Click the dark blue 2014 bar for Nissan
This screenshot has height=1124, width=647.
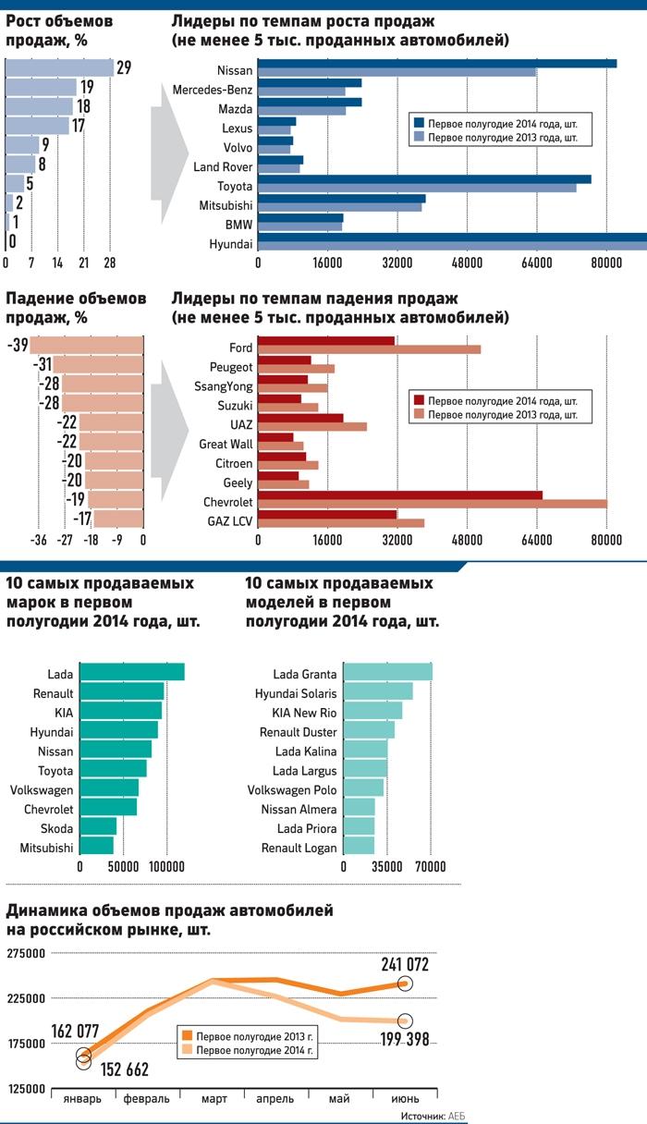[x=436, y=63]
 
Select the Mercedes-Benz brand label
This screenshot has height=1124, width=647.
[x=213, y=90]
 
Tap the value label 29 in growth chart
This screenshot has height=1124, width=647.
[x=124, y=68]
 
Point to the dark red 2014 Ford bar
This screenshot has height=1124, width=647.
[x=325, y=341]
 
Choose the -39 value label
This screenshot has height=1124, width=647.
[x=16, y=346]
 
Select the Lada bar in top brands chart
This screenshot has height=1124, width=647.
[x=132, y=673]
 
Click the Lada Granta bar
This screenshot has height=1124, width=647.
[x=387, y=673]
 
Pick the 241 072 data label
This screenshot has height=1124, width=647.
[x=404, y=964]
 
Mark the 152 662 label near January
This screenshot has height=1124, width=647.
[x=117, y=1069]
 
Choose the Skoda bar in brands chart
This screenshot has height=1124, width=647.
[x=98, y=826]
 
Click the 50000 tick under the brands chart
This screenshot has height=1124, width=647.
[x=123, y=867]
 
